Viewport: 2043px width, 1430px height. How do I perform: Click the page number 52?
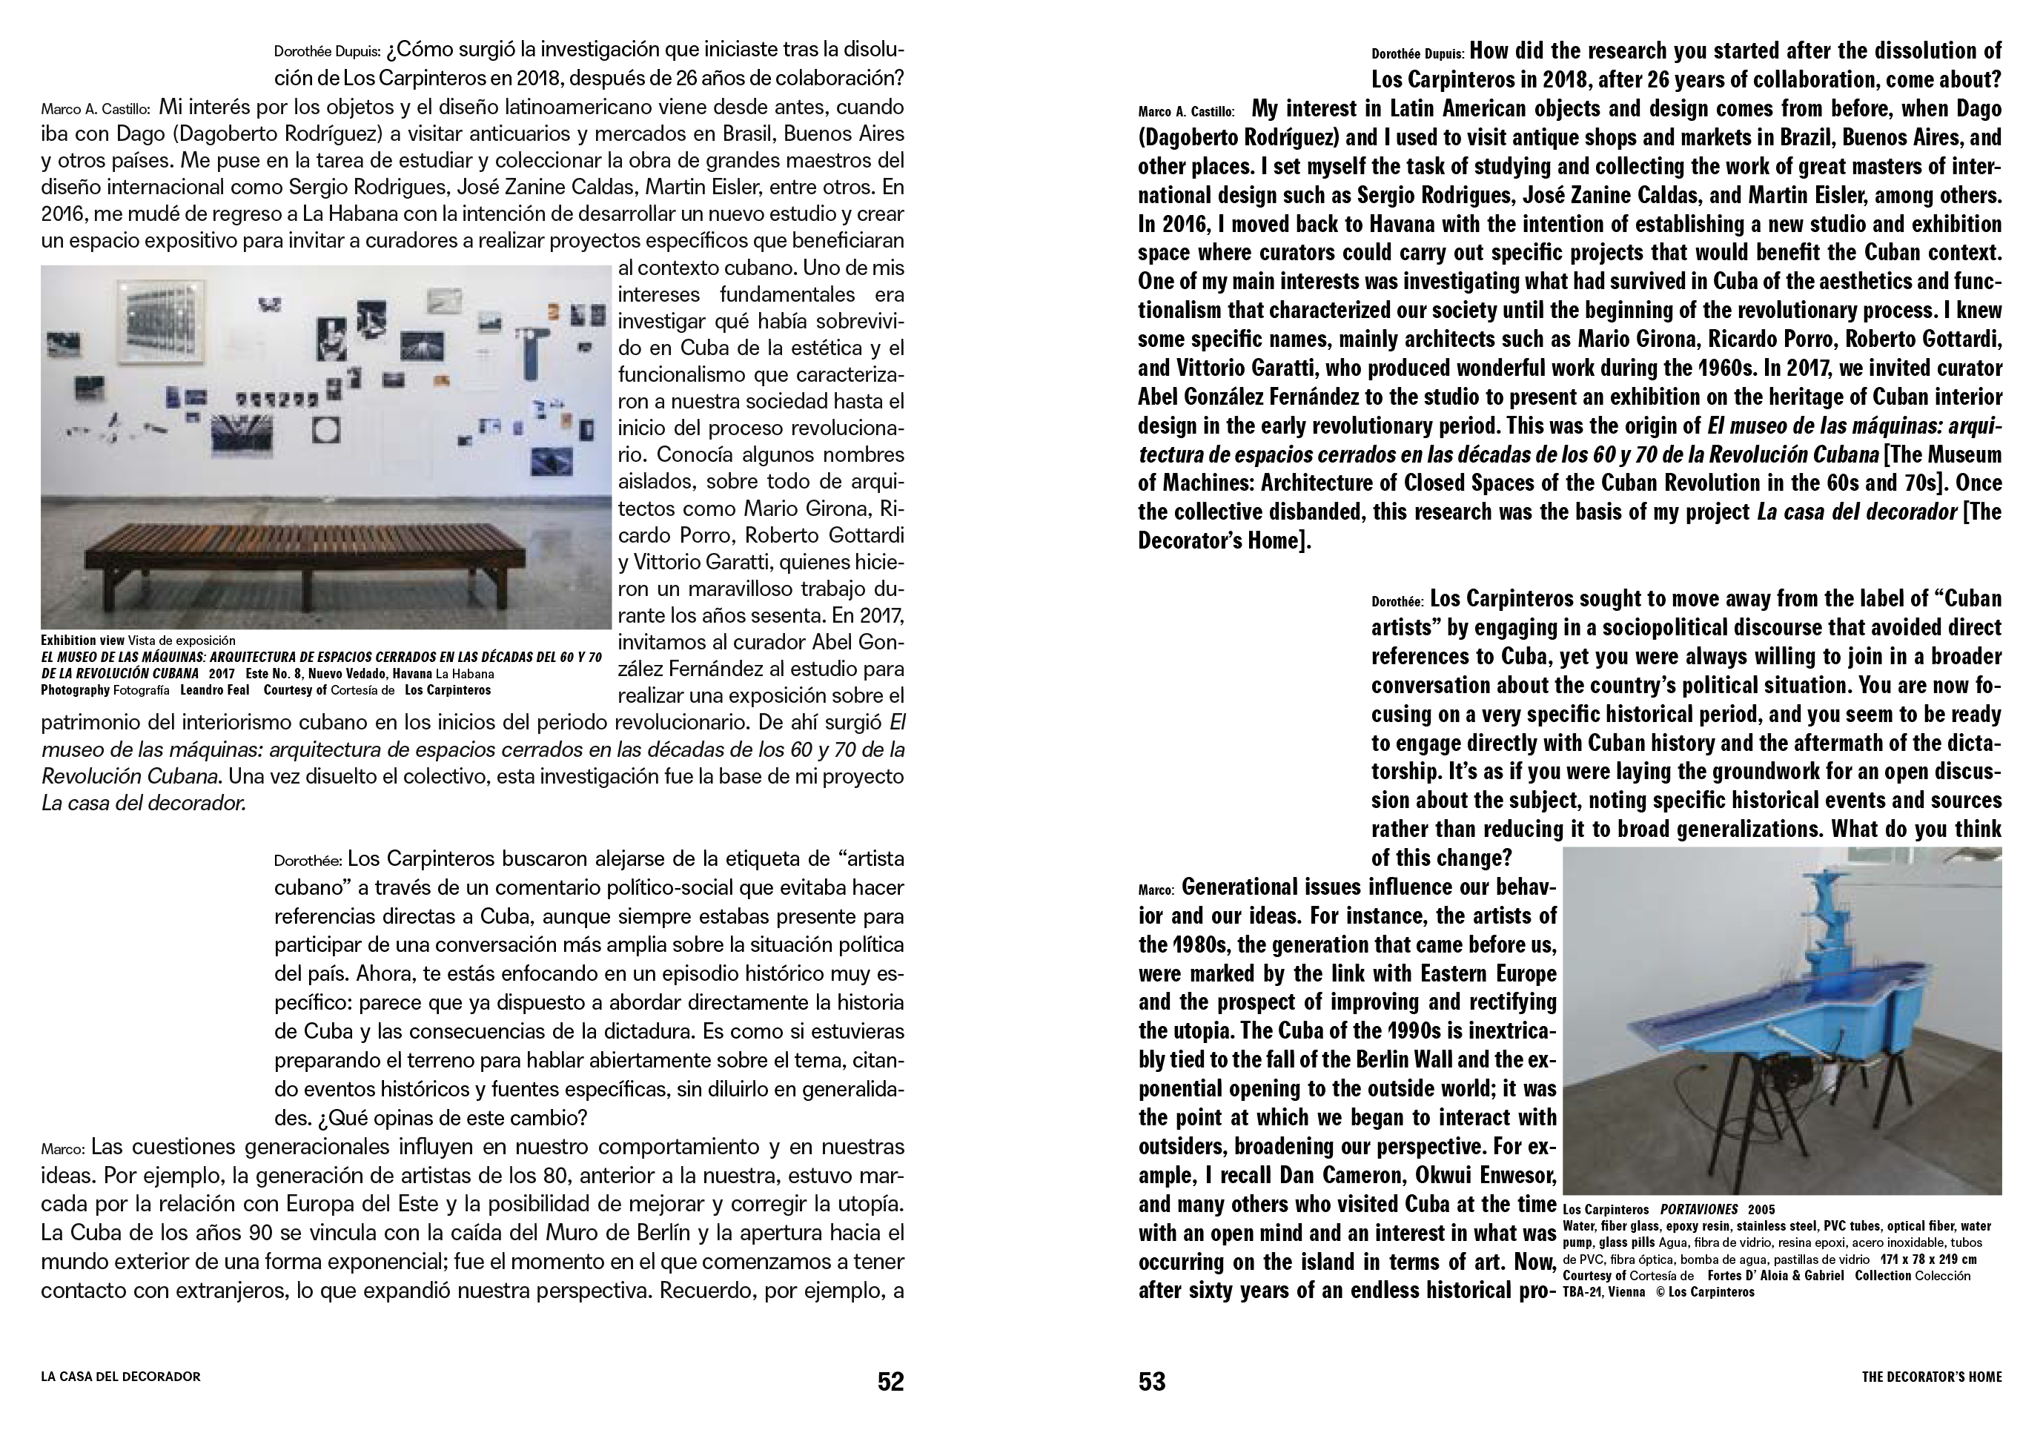(x=890, y=1381)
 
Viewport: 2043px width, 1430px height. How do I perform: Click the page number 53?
(x=1151, y=1381)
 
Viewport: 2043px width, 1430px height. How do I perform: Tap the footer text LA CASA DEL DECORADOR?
(x=121, y=1377)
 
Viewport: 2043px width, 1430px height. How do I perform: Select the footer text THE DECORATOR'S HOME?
(x=1931, y=1377)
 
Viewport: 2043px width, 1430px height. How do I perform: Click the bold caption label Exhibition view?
(x=82, y=640)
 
